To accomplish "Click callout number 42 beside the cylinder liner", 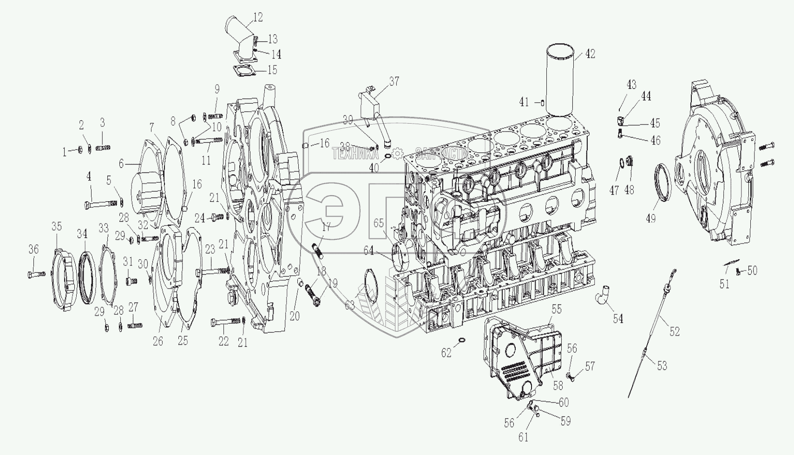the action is pyautogui.click(x=590, y=54).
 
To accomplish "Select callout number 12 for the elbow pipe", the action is pyautogui.click(x=258, y=18).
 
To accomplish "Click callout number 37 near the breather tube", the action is pyautogui.click(x=394, y=82).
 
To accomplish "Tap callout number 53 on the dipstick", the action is pyautogui.click(x=662, y=366).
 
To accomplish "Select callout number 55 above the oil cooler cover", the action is pyautogui.click(x=556, y=309).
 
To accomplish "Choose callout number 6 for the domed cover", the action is pyautogui.click(x=122, y=164).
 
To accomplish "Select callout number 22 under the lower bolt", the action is pyautogui.click(x=224, y=341).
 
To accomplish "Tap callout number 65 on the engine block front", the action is pyautogui.click(x=379, y=224).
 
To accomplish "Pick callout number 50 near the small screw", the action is pyautogui.click(x=752, y=270).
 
